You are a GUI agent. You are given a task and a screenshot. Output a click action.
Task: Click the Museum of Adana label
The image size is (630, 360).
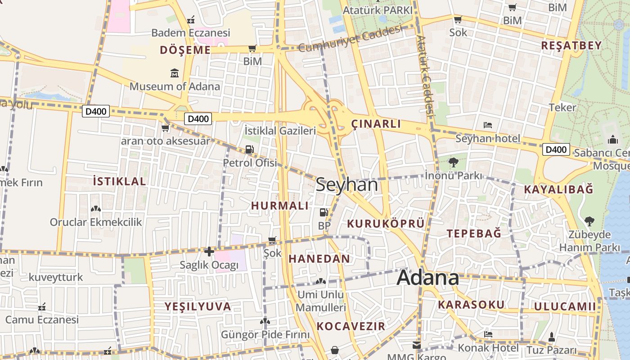(x=175, y=86)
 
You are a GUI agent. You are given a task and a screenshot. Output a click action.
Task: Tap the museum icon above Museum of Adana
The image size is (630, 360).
(x=175, y=73)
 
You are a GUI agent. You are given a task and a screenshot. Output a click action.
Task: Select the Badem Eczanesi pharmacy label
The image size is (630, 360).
(x=190, y=33)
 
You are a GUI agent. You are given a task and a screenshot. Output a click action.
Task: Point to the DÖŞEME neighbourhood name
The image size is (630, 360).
(x=185, y=50)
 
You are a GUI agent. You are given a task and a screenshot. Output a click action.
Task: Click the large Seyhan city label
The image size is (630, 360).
(x=346, y=185)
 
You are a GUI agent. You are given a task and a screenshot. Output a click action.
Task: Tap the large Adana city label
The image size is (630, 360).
(x=427, y=278)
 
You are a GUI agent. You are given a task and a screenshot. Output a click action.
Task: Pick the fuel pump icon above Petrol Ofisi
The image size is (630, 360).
(x=249, y=150)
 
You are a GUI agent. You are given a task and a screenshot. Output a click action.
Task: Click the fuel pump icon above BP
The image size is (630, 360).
(x=324, y=212)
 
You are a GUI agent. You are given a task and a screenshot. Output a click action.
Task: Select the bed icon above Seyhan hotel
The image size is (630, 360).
(x=488, y=125)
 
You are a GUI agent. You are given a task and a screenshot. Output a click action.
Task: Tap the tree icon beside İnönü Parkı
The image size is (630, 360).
(x=454, y=162)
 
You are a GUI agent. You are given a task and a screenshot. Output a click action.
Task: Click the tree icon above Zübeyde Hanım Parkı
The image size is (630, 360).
(x=589, y=221)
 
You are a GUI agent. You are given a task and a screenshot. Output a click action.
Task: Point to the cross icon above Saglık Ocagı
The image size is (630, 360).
(x=209, y=252)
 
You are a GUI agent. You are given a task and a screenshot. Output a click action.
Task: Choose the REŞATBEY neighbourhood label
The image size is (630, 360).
(x=571, y=45)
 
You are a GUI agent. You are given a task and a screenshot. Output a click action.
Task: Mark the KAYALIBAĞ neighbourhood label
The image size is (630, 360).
(x=558, y=189)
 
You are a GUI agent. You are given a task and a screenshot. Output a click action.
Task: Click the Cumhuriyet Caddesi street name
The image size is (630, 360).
(x=349, y=39)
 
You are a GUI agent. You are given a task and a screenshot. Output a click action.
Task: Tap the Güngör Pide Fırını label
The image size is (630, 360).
(x=265, y=335)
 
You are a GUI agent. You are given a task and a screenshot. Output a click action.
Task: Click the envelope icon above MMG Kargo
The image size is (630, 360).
(x=417, y=345)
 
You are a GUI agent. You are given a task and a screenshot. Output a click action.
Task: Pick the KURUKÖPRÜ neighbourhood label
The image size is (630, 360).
(x=386, y=224)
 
